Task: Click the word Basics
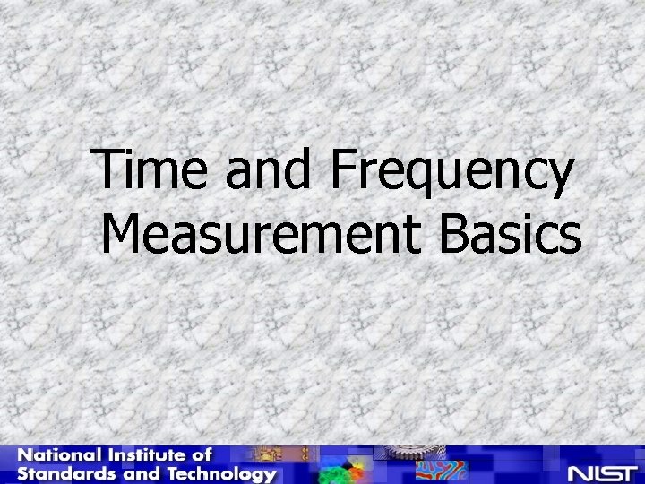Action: click(x=512, y=236)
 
